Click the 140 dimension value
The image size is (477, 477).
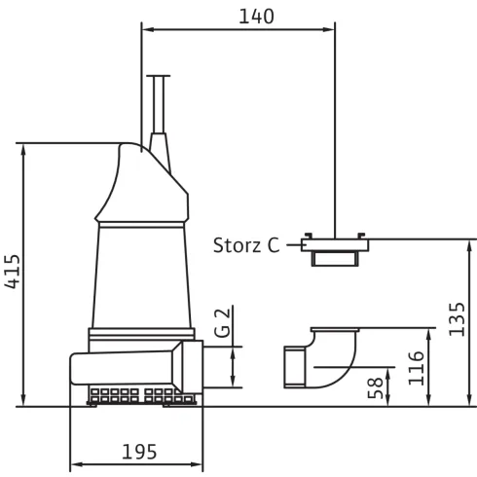256,17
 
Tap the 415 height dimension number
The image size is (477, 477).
13,272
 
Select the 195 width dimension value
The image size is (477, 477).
139,452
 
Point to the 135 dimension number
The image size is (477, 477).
457,319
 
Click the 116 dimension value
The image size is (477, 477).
416,368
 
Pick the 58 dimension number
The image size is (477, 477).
375,388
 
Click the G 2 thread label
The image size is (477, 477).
223,323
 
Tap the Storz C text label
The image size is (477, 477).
246,245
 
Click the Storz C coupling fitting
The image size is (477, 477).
335,249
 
